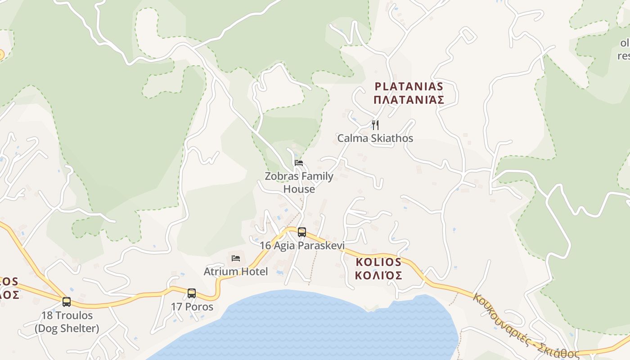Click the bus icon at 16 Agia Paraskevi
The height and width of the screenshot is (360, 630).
point(301,232)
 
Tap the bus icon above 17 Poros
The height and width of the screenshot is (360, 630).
point(192,293)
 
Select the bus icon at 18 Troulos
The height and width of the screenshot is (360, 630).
point(67,301)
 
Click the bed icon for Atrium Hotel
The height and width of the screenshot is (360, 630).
point(235,258)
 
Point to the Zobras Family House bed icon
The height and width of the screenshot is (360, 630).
point(299,163)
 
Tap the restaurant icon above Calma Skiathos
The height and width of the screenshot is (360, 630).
point(375,125)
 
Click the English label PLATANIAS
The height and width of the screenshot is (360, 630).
point(409,86)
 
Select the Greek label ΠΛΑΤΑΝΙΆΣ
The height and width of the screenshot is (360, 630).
point(409,100)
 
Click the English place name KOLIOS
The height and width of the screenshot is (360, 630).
point(378,262)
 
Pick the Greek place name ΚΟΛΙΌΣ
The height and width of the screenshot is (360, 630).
point(378,275)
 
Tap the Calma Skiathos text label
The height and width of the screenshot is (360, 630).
point(375,138)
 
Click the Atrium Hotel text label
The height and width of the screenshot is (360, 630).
point(236,271)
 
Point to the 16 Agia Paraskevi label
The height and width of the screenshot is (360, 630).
point(302,246)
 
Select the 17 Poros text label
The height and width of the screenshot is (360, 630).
point(192,307)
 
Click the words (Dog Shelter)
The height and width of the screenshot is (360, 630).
point(67,328)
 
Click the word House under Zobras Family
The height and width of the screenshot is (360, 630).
point(299,189)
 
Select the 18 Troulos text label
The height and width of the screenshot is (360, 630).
point(67,315)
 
